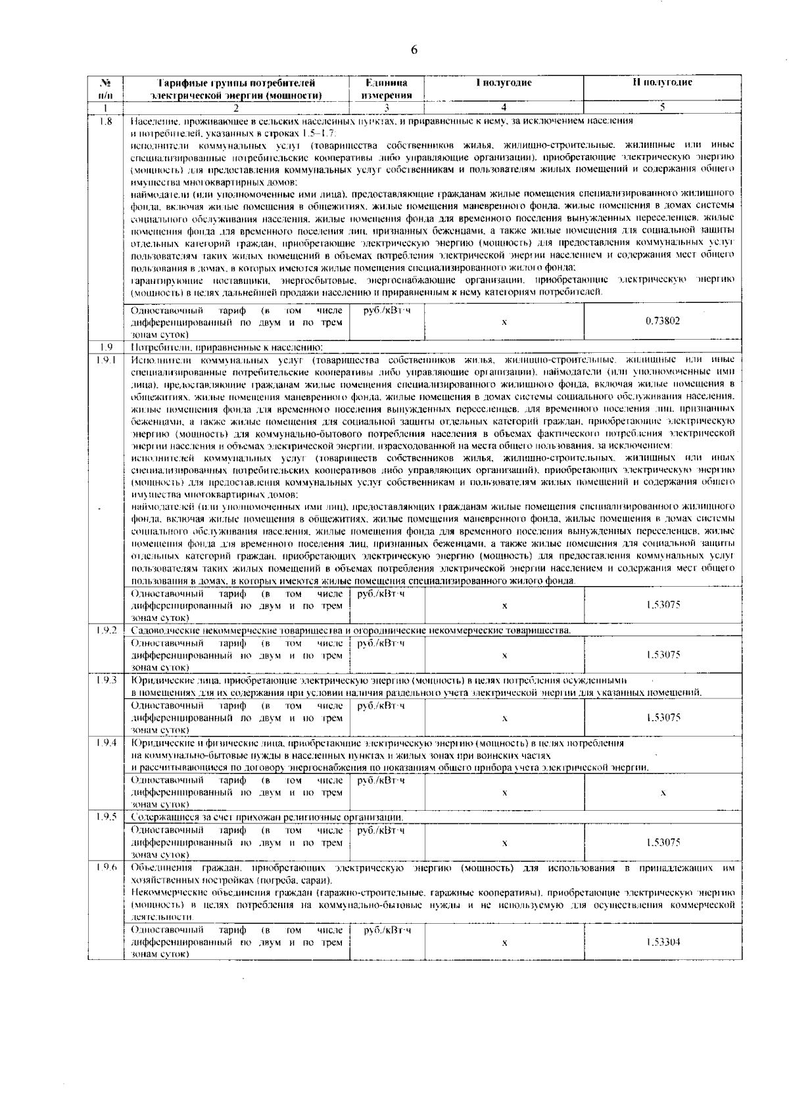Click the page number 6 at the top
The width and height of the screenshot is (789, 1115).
(414, 50)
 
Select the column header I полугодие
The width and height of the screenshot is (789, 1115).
(504, 83)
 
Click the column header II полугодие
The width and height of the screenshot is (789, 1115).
(663, 83)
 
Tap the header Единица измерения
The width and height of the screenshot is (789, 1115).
(387, 89)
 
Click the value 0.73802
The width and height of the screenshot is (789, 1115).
(663, 321)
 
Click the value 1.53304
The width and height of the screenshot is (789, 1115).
(663, 942)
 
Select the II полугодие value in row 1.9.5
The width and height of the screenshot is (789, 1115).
(663, 842)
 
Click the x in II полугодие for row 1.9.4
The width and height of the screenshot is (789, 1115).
(663, 793)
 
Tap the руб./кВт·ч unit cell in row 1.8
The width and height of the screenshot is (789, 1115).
(387, 309)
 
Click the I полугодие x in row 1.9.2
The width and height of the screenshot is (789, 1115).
(504, 655)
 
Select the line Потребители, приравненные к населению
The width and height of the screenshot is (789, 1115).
(227, 347)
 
